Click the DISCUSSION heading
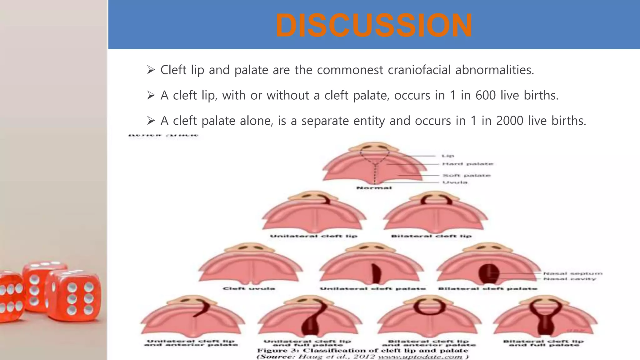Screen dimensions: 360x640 374,26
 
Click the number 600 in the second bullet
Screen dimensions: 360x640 485,95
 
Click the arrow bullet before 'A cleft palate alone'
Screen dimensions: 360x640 151,121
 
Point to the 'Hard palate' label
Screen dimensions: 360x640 467,164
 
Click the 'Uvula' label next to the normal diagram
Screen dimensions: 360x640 455,182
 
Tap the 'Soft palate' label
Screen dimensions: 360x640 467,176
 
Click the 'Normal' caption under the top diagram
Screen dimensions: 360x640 374,188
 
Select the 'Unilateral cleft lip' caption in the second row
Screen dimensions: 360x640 313,236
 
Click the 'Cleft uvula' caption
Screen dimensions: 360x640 249,288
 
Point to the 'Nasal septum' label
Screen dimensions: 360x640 572,273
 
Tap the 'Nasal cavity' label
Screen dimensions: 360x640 569,279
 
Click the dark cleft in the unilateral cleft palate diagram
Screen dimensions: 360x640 376,274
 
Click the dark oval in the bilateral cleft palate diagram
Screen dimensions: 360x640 488,273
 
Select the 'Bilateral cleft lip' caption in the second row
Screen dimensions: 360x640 431,236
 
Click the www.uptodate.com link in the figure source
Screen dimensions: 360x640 420,357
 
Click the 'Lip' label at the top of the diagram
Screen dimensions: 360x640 447,156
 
